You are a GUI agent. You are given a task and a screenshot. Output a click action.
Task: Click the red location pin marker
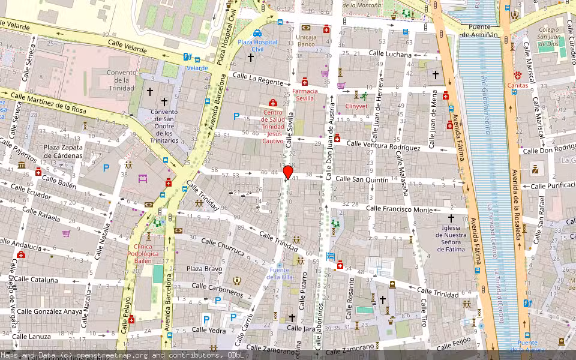click(x=288, y=173)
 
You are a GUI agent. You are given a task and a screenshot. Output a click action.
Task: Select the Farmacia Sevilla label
click(x=304, y=94)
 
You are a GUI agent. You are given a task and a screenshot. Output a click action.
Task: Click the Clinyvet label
click(x=356, y=106)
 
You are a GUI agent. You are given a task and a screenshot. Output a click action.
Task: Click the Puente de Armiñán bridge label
click(x=479, y=31)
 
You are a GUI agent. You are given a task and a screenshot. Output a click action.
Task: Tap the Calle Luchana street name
click(x=390, y=54)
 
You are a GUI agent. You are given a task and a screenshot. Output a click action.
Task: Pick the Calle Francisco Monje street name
click(x=399, y=209)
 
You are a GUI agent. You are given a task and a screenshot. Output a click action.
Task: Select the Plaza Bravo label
click(x=204, y=269)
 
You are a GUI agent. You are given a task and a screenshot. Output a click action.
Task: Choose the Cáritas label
click(x=517, y=85)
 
